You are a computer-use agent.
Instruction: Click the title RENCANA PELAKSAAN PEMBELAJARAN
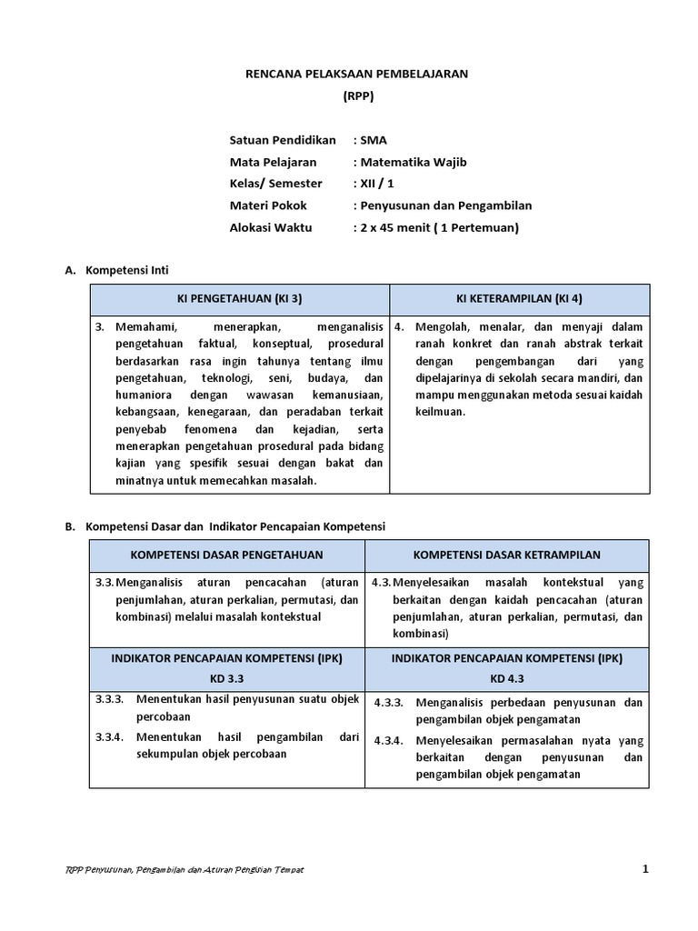pos(357,74)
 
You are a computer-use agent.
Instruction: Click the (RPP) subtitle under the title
pos(357,95)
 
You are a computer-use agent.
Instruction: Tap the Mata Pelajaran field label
pos(273,162)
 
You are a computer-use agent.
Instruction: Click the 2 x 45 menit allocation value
pos(434,227)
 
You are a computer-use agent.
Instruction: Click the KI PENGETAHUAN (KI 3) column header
pos(239,298)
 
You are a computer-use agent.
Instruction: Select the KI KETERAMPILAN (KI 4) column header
pos(519,298)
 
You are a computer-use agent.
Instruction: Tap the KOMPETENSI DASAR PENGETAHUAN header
pos(226,555)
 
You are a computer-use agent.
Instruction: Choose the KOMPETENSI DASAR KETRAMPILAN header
pos(506,555)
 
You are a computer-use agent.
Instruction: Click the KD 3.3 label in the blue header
pos(226,678)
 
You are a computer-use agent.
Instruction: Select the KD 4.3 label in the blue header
pos(506,678)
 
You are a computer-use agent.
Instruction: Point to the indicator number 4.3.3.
pos(389,703)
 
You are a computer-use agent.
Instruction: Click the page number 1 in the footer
pos(645,869)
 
